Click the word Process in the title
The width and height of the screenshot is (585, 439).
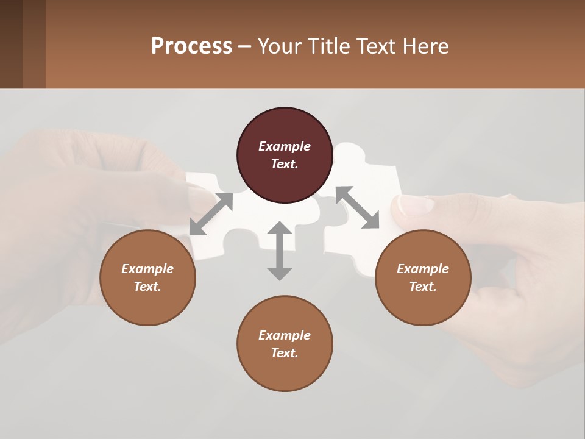(191, 46)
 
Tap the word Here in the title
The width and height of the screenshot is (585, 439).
(425, 46)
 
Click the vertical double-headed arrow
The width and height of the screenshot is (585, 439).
(280, 251)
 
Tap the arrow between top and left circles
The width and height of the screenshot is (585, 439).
(211, 214)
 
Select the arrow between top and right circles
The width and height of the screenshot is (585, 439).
(357, 207)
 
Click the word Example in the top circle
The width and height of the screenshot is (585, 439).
(285, 146)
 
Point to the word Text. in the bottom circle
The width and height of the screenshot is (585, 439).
(285, 353)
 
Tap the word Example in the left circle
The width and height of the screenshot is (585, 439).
(147, 269)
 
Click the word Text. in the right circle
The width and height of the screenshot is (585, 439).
(423, 287)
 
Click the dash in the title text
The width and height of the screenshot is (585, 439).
(245, 46)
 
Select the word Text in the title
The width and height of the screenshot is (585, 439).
(377, 46)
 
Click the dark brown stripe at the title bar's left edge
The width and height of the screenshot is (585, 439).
(11, 44)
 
